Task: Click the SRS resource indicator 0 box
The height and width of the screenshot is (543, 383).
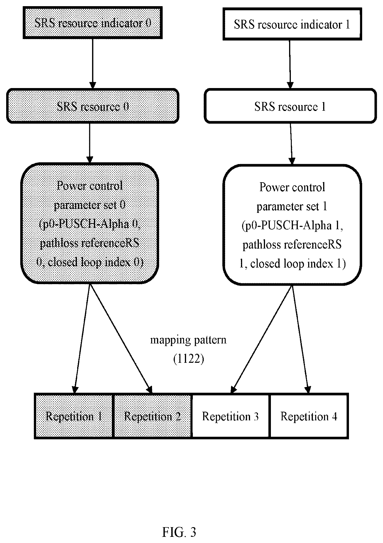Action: (92, 23)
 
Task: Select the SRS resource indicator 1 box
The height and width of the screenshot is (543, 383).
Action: (292, 24)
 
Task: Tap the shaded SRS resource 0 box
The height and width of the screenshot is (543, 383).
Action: (92, 106)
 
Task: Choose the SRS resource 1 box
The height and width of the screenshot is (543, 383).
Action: (290, 107)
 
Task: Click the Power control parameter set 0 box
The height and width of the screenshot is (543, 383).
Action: (90, 223)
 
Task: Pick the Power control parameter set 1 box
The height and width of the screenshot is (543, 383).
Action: (292, 225)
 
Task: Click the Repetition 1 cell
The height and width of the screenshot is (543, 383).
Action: (74, 416)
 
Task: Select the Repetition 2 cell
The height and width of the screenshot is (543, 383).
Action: (152, 416)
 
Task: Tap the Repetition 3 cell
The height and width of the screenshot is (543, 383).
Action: (230, 416)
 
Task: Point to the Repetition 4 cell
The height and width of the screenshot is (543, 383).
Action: (309, 416)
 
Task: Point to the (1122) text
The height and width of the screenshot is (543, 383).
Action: (188, 359)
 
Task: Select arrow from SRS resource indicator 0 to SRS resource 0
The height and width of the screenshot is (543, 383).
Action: (93, 63)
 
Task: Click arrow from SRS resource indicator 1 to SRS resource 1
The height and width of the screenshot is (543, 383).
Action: (290, 64)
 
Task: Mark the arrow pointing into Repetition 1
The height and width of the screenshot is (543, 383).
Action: (82, 339)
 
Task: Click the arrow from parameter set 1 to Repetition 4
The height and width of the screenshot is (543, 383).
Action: (300, 339)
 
